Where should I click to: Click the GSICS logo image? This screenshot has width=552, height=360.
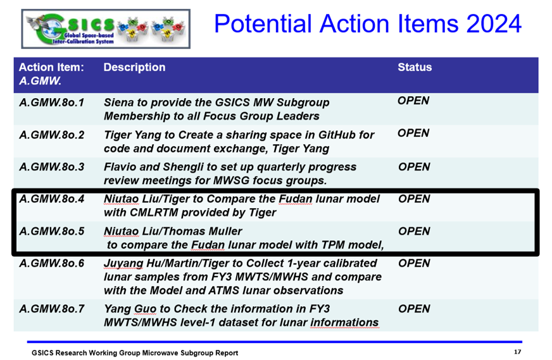[106, 29]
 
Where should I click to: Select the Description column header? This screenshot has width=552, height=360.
[134, 67]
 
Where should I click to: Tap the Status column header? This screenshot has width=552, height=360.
[415, 67]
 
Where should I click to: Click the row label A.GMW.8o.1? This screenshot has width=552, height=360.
[52, 102]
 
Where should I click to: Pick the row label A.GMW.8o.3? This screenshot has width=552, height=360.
[52, 167]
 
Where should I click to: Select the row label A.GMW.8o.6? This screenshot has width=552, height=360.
[52, 263]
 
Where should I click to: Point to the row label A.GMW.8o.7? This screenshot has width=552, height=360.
[52, 309]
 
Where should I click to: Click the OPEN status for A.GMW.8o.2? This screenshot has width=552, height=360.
[413, 133]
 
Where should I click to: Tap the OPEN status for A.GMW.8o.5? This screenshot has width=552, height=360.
[414, 231]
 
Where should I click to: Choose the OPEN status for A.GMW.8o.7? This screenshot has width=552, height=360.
[414, 309]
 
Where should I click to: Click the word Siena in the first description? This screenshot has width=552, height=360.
[119, 102]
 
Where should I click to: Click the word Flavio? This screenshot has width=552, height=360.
[120, 167]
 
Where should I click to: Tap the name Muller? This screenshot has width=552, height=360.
[225, 231]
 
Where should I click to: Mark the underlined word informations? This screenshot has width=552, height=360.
[344, 323]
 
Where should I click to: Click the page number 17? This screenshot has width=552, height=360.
[517, 352]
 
